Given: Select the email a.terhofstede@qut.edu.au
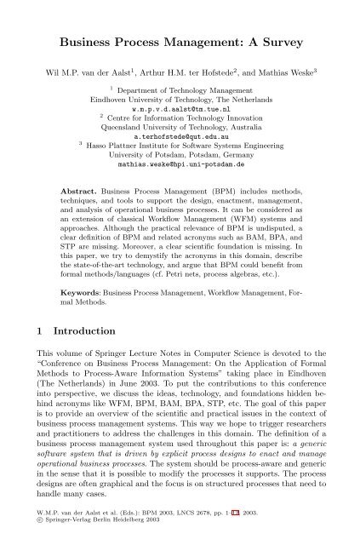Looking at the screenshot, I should [x=180, y=159].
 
